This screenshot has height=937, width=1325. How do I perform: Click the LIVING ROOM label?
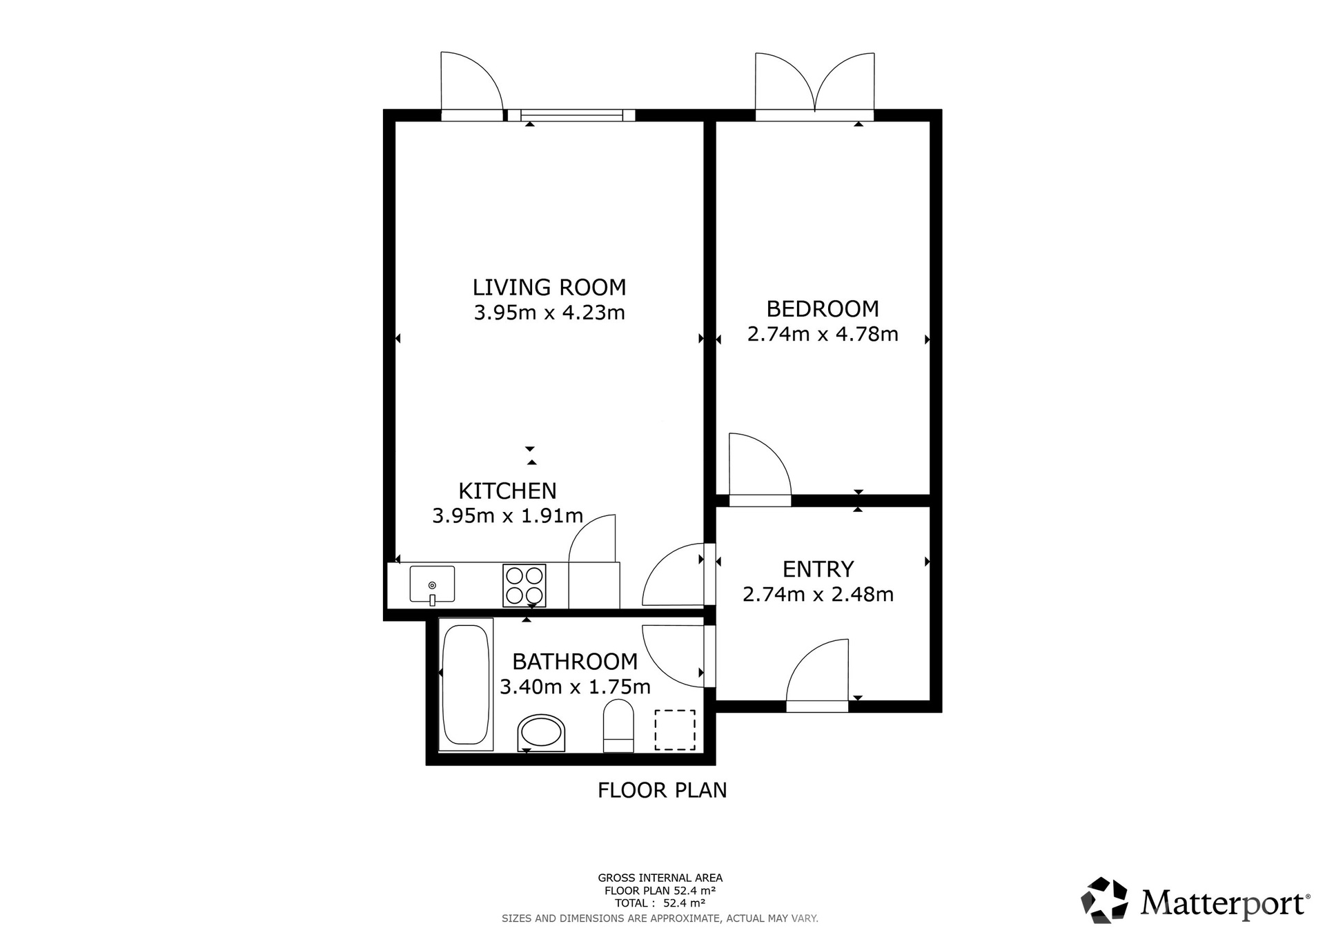(549, 287)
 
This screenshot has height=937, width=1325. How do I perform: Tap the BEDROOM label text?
(823, 308)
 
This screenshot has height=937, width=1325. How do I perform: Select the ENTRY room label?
(818, 569)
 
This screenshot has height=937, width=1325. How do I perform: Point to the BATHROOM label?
(575, 662)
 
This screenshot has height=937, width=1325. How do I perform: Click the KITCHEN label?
(507, 491)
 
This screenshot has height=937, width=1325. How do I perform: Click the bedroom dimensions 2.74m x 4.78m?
(823, 335)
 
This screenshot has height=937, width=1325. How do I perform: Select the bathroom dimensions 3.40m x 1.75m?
(575, 687)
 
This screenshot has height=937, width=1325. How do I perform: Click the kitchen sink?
(432, 584)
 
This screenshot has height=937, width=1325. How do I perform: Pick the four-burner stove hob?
(524, 586)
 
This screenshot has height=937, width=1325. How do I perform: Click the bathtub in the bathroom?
(466, 684)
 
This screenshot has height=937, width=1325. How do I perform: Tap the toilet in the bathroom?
(618, 727)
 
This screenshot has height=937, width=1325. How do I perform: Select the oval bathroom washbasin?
(541, 733)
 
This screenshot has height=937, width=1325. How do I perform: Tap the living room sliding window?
(571, 115)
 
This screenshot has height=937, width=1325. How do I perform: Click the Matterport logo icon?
(1104, 900)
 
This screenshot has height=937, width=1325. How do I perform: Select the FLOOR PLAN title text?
(662, 790)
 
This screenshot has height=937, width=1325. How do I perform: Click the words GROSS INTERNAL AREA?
(660, 878)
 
